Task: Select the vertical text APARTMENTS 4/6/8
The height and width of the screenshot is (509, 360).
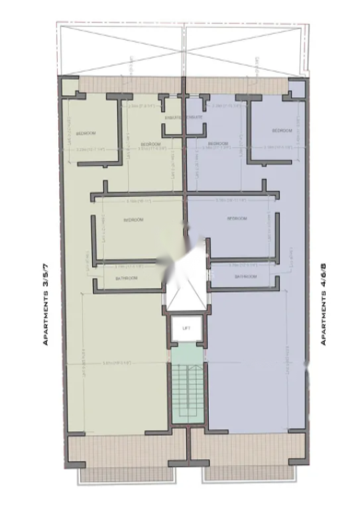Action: point(324,304)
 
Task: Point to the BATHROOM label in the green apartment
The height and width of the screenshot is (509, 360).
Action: point(126,278)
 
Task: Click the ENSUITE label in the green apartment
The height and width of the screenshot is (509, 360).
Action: point(174,117)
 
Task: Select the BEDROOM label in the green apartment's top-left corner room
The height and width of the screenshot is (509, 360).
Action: point(86,134)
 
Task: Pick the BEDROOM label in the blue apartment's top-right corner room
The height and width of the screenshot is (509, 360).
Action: point(282,131)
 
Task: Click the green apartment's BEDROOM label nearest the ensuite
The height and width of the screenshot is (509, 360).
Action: point(151,144)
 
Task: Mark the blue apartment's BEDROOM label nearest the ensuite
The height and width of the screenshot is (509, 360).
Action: point(218,144)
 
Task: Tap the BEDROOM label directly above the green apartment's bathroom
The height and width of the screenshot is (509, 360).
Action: point(134,219)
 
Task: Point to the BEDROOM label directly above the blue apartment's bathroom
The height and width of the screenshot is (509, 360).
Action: point(237,219)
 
